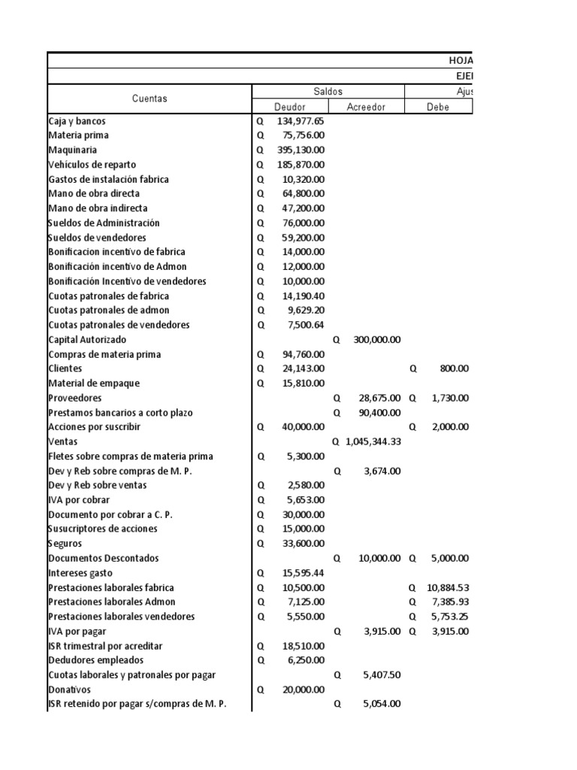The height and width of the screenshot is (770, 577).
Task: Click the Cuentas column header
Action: pos(150,99)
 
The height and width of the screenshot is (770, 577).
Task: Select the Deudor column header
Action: pos(289,107)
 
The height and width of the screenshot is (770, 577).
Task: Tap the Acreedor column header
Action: pos(366,107)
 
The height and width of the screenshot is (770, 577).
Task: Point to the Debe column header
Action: pos(438,107)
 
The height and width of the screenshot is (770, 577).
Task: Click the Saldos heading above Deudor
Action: pos(328,91)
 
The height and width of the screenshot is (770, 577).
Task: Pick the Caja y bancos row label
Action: pos(76,121)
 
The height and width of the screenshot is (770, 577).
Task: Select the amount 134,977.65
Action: pos(301,121)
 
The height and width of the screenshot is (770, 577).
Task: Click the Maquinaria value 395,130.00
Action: pos(301,150)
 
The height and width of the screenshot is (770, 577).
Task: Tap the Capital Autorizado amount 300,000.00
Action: pos(377,340)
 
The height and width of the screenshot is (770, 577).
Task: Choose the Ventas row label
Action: pos(63,441)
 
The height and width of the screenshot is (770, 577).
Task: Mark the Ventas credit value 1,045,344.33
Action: pos(373,441)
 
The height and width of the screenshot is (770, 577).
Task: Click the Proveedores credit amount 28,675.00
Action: pos(380,398)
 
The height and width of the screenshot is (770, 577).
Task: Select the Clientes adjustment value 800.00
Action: pos(455,368)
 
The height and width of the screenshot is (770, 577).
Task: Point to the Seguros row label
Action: pos(65,544)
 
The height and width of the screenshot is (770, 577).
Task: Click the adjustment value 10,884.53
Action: pos(448,587)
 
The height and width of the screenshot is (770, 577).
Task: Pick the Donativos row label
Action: pos(69,690)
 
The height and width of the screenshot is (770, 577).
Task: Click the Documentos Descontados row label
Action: pos(103,558)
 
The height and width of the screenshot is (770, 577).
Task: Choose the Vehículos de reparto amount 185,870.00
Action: pos(301,165)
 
